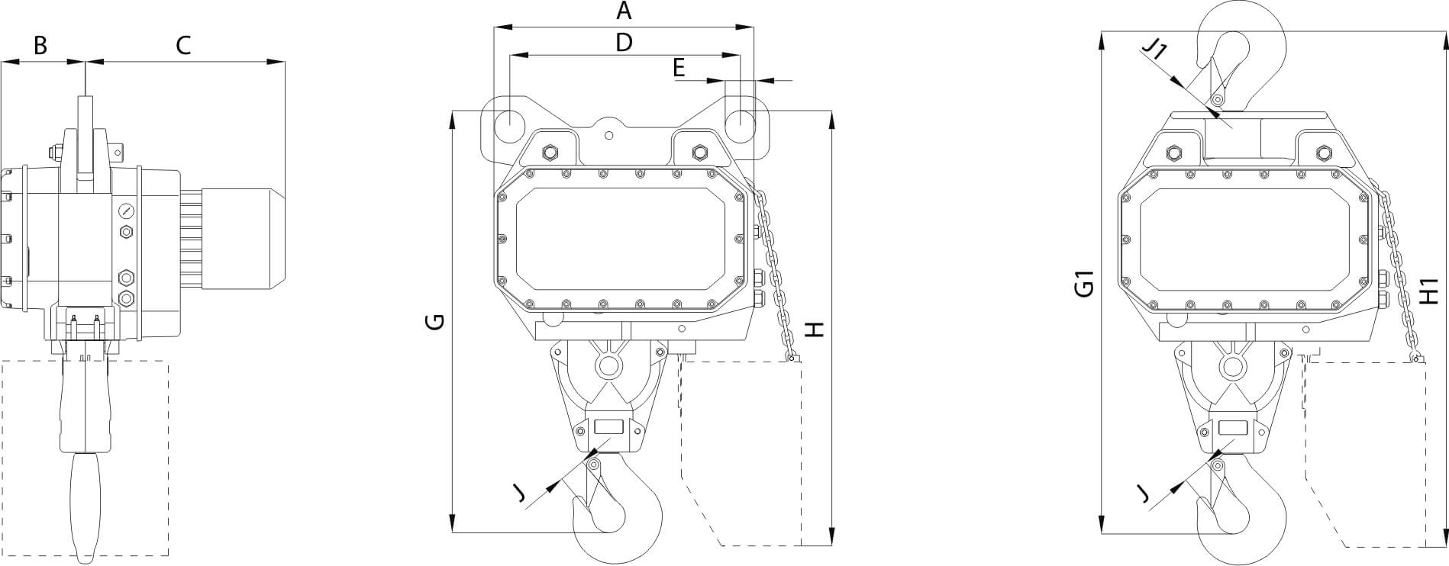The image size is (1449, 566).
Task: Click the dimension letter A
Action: point(624,11)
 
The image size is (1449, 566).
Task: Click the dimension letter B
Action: point(40,45)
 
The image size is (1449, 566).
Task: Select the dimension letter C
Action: point(182,45)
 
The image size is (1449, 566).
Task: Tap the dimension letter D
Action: point(624,43)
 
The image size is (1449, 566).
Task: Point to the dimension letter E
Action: point(679,69)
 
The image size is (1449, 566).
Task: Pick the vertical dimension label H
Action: point(815,329)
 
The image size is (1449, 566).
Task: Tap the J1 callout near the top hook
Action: point(1154,50)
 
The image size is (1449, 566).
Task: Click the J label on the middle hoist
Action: point(520,495)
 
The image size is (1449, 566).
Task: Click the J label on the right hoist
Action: point(1143,495)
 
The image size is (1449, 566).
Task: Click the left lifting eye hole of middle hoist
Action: point(507,121)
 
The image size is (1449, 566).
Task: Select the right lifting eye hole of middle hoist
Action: point(740,121)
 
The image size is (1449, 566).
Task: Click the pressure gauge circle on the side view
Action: point(125,210)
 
